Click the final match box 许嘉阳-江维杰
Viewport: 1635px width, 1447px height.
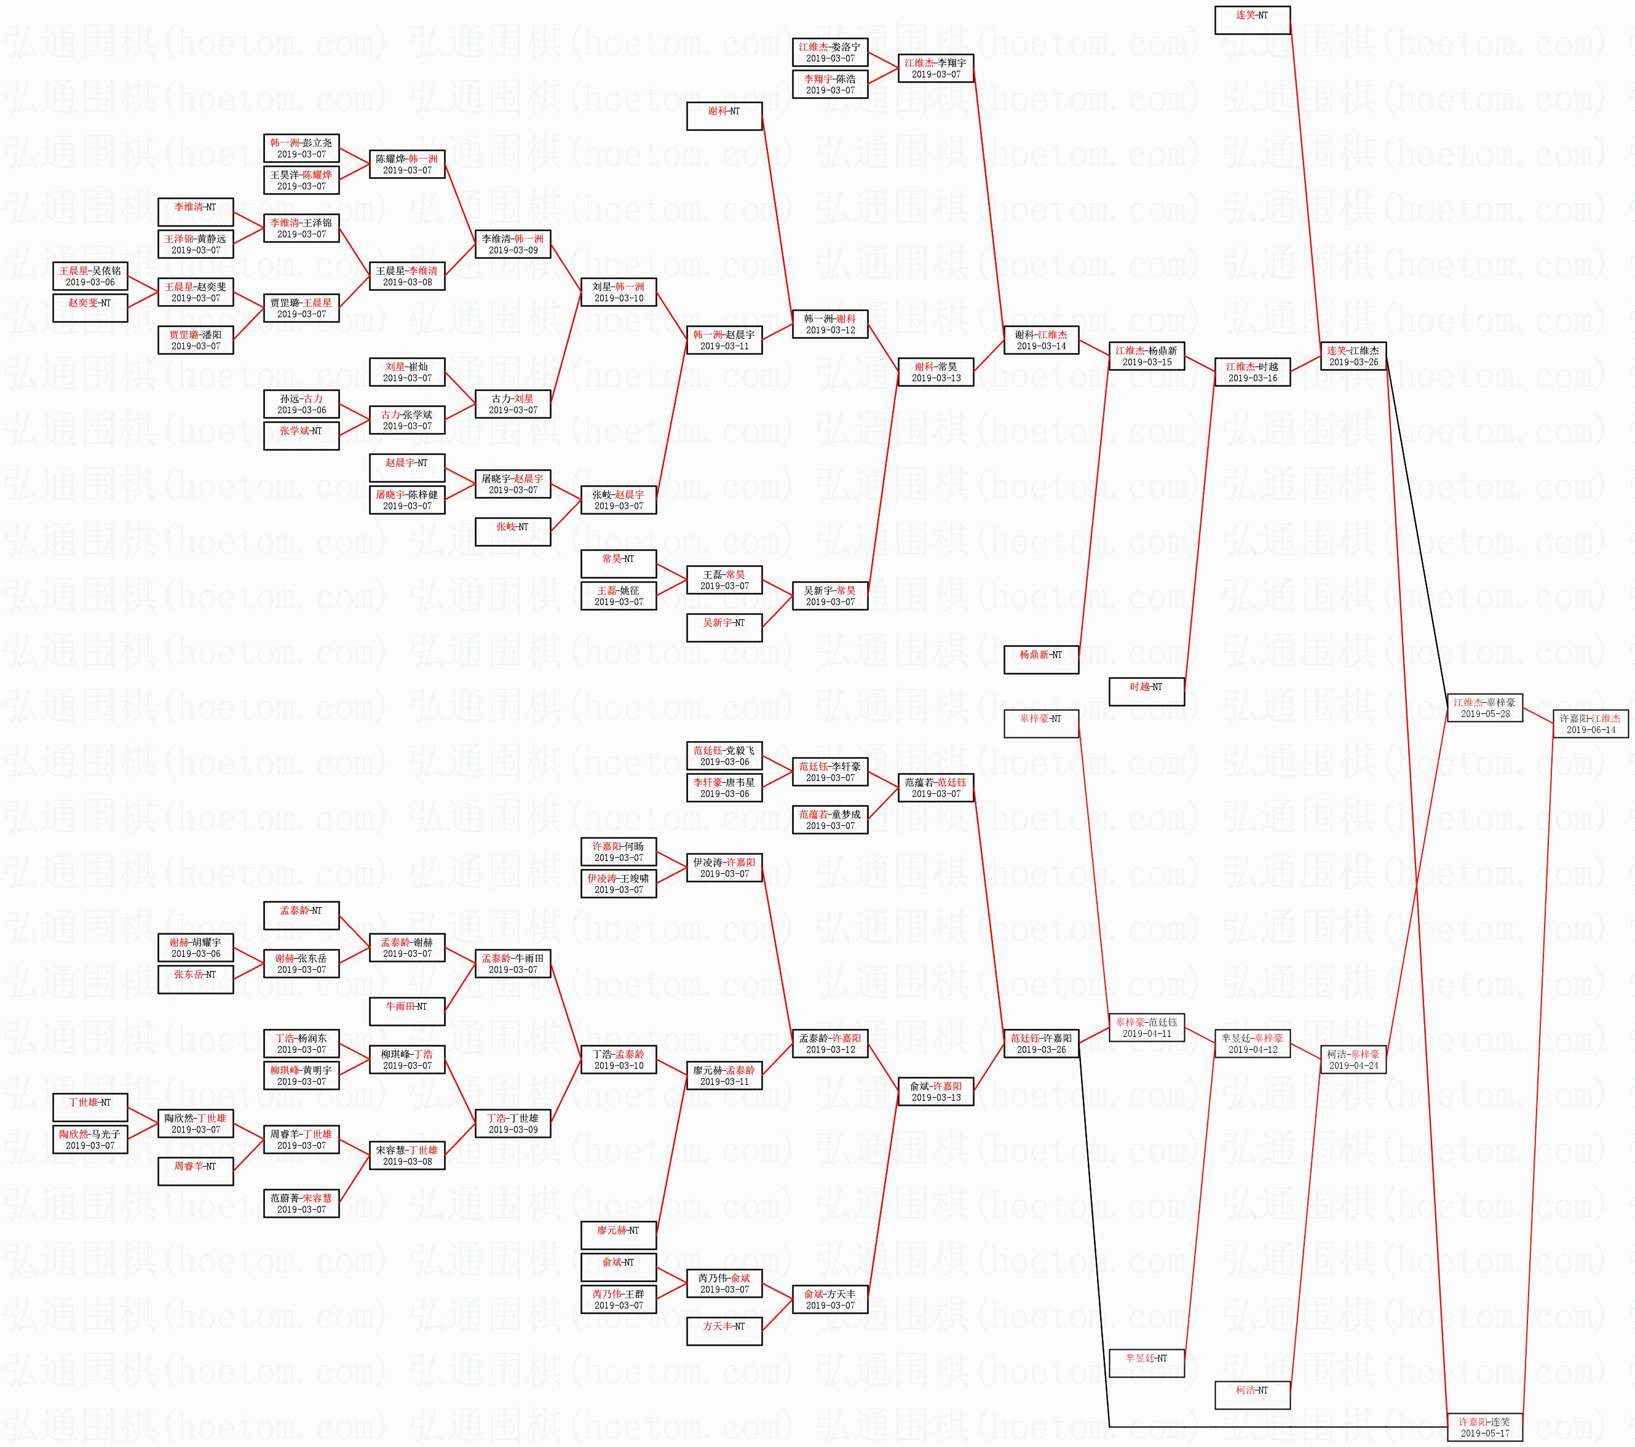tap(1590, 724)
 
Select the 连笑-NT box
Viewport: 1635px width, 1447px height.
tap(1252, 20)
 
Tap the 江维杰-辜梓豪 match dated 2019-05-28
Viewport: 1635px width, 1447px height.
tap(1484, 708)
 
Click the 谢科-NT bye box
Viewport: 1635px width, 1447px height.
tap(724, 116)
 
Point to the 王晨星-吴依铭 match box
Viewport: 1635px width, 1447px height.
tap(90, 276)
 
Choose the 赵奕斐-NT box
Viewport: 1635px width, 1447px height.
tap(90, 308)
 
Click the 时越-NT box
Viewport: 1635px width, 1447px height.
tap(1146, 692)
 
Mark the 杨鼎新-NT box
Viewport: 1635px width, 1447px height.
tap(1040, 660)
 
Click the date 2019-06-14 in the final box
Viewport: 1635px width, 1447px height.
tap(1590, 729)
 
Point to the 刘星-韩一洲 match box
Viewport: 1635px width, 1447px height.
tap(619, 292)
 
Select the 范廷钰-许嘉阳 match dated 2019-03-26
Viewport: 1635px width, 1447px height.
tap(1040, 1044)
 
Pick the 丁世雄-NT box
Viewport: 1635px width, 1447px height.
tap(90, 1107)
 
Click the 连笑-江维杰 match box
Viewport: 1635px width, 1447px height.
tap(1353, 356)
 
